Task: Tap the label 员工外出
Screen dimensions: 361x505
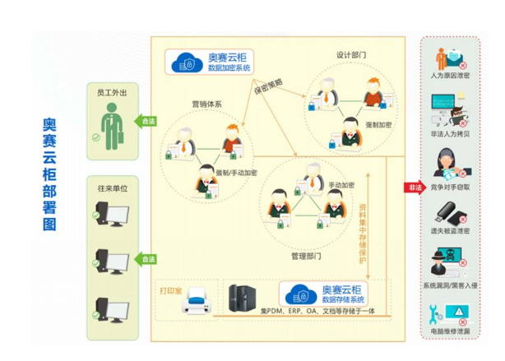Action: (112, 94)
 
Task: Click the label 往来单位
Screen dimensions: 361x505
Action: (112, 188)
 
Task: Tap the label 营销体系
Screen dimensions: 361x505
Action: (206, 104)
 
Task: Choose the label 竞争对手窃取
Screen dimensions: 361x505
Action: (451, 188)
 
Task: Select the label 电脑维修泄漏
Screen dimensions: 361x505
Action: (451, 331)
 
